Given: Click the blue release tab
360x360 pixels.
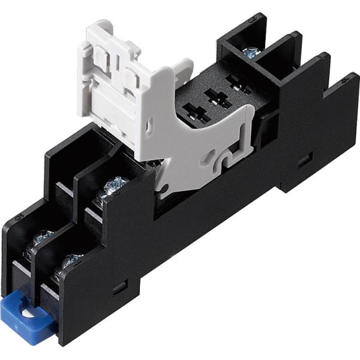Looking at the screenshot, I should pyautogui.click(x=29, y=313).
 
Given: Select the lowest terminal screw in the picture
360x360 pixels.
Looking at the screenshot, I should pyautogui.click(x=70, y=262).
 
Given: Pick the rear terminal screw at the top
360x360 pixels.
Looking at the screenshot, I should pyautogui.click(x=251, y=53).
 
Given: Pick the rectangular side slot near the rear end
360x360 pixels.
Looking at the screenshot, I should pyautogui.click(x=305, y=160).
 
